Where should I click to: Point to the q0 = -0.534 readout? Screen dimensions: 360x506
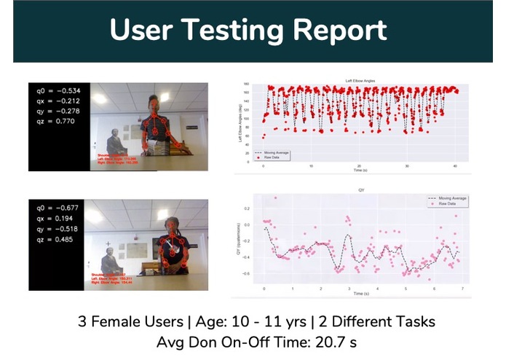[59, 90]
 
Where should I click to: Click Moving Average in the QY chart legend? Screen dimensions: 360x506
[448, 198]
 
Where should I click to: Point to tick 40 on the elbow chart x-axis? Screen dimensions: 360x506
[455, 166]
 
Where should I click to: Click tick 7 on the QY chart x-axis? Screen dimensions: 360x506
[461, 289]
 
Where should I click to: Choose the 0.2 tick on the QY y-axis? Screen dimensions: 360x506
[246, 208]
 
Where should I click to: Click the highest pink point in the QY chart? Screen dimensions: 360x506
[276, 197]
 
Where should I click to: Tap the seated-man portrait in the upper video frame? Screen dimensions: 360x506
[115, 140]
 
